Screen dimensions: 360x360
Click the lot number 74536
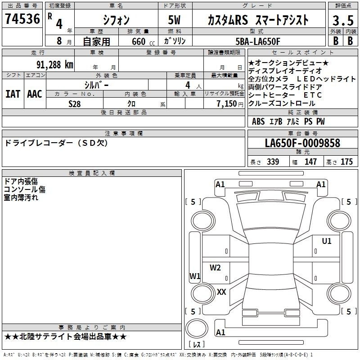pyautogui.click(x=22, y=19)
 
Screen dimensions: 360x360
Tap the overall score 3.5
pyautogui.click(x=343, y=20)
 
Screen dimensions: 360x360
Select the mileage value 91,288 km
pyautogui.click(x=54, y=65)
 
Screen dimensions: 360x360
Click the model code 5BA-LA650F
pyautogui.click(x=258, y=41)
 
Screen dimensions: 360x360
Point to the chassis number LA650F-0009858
pyautogui.click(x=302, y=143)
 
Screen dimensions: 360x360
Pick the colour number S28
pyautogui.click(x=75, y=104)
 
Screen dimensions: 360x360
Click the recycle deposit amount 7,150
pyautogui.click(x=227, y=104)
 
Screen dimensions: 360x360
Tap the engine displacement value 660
pyautogui.click(x=139, y=41)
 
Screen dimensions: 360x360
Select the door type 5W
pyautogui.click(x=174, y=20)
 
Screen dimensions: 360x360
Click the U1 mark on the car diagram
pyautogui.click(x=327, y=241)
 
